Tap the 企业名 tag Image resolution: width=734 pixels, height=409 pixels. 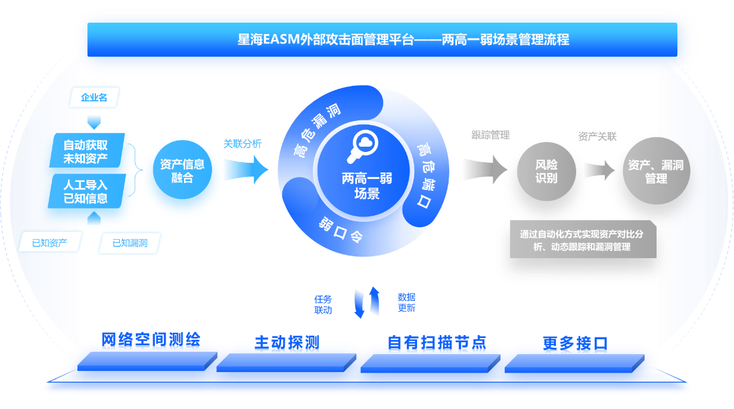[x=95, y=97]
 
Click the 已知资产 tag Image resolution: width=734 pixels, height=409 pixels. [x=49, y=243]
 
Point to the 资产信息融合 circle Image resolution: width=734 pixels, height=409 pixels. [x=182, y=171]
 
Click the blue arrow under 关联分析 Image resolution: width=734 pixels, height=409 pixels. [x=244, y=170]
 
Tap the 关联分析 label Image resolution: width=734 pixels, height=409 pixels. [x=242, y=144]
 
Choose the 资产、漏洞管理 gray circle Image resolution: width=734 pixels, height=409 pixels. [x=656, y=171]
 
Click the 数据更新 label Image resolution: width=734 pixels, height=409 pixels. [x=406, y=303]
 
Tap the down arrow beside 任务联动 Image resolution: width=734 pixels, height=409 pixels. [x=359, y=303]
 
